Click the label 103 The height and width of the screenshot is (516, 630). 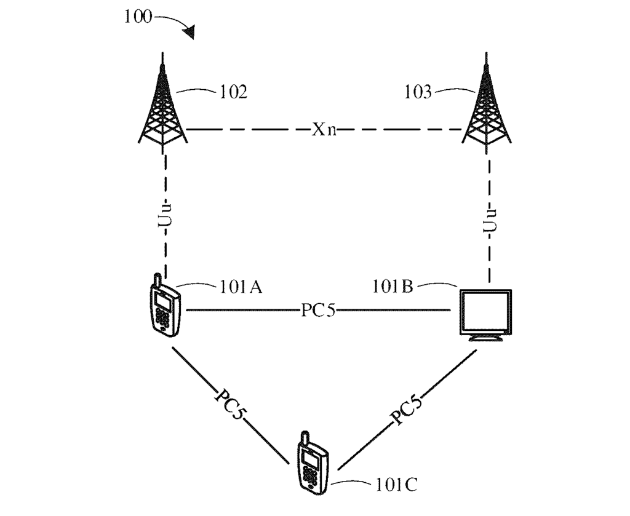click(418, 93)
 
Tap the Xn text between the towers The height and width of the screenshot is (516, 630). click(324, 131)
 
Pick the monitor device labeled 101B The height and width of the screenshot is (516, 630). click(485, 314)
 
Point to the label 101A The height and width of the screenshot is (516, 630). click(241, 287)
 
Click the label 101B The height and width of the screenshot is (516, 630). click(394, 287)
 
